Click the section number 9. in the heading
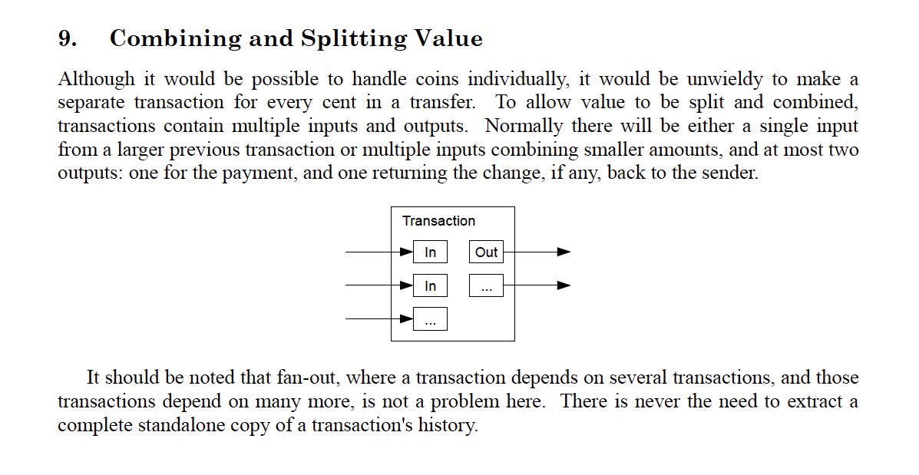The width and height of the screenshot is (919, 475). (67, 38)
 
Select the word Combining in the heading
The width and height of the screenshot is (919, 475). (164, 39)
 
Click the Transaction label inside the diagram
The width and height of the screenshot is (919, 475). (438, 221)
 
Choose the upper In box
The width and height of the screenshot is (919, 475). (430, 252)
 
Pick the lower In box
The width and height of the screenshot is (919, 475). (430, 286)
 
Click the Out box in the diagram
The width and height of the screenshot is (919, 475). (486, 252)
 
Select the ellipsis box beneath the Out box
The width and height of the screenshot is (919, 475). (486, 286)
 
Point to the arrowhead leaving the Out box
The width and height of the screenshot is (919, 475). (564, 252)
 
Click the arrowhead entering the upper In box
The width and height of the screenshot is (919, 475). (407, 252)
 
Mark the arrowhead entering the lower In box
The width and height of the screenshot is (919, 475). (407, 285)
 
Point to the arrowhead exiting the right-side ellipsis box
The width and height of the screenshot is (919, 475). (564, 285)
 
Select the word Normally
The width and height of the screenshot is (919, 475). (524, 126)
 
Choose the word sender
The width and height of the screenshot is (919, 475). (731, 173)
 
